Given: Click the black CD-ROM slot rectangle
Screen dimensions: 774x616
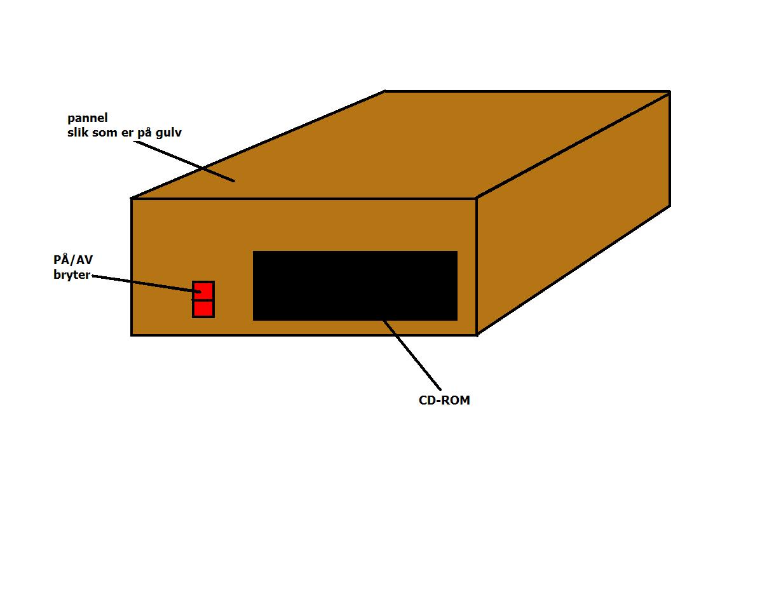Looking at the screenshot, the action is tap(355, 286).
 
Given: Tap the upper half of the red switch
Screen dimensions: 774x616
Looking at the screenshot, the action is tap(203, 290).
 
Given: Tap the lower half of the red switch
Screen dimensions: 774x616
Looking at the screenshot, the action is tap(203, 309).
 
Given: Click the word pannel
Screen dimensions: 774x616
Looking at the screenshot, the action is tap(88, 118).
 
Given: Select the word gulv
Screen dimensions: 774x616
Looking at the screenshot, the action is tap(168, 133).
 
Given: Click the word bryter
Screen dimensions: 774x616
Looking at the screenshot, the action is tap(72, 275).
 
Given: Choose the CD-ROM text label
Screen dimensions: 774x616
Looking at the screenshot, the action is tap(444, 400).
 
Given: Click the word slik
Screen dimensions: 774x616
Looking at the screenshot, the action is tap(78, 132).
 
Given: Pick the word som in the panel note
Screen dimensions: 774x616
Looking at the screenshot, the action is tap(105, 133).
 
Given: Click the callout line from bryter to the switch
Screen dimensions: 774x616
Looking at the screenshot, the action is tap(146, 284).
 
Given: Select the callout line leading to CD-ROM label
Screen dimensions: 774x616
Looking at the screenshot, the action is tap(412, 355).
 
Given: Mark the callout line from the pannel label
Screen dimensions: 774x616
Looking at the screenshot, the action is tap(184, 161).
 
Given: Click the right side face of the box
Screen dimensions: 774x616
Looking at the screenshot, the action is tap(573, 213).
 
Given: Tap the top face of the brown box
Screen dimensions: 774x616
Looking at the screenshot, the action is tap(400, 145).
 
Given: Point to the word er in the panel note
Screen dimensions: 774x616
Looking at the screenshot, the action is tap(127, 133).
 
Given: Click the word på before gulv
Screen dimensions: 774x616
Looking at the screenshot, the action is tap(144, 133).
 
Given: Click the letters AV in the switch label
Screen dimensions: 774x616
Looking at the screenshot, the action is tap(85, 260).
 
